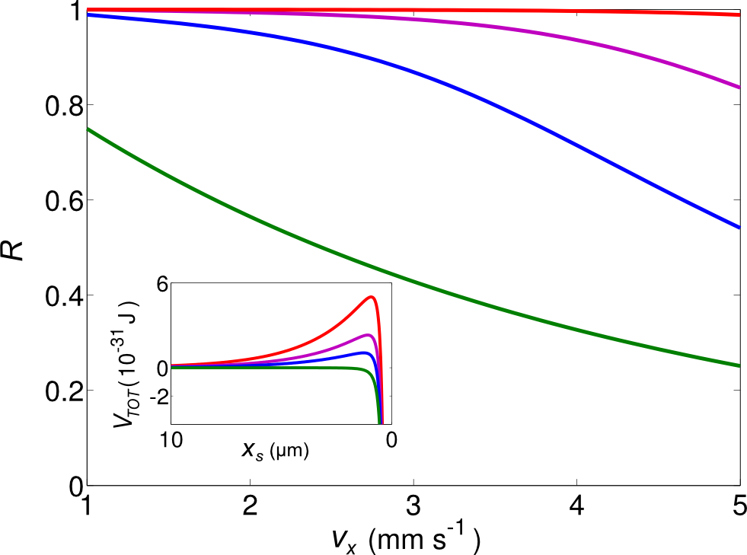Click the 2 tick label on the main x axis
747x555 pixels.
(x=250, y=507)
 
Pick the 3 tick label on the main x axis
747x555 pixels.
(x=413, y=507)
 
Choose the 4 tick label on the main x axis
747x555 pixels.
(x=576, y=507)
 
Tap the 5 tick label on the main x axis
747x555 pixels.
(x=739, y=507)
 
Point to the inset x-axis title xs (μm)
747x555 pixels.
(x=275, y=451)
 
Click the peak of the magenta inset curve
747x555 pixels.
(x=369, y=335)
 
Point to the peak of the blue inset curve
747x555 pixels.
(x=366, y=352)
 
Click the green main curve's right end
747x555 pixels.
(x=739, y=366)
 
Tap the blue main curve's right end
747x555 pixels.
(x=739, y=228)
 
